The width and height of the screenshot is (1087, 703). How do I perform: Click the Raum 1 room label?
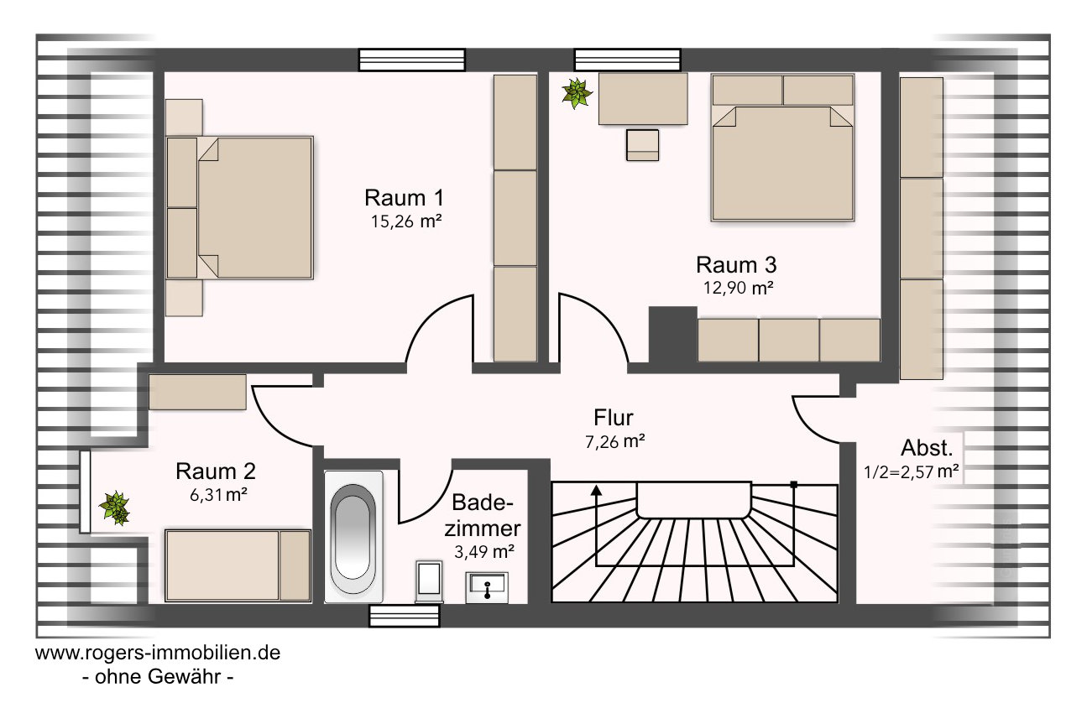point(404,198)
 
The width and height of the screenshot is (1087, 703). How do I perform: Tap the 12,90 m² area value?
point(738,288)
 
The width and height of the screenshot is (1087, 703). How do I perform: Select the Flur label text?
point(614,418)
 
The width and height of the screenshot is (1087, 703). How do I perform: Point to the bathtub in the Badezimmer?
point(353,537)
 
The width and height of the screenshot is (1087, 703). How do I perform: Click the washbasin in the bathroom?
point(487,587)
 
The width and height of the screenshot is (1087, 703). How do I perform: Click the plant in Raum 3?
point(577,93)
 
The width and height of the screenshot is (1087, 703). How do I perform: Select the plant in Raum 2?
point(114,508)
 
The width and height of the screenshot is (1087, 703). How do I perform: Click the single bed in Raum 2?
point(238,565)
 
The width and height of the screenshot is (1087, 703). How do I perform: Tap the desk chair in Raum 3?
point(642,145)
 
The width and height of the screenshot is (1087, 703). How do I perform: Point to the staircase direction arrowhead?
point(597,490)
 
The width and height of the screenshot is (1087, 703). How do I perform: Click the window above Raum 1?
point(412,60)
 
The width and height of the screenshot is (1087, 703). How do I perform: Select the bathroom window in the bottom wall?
point(405,616)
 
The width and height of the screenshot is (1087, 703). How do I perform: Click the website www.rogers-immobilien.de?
point(158,653)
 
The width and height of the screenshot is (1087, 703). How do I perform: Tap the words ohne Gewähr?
point(158,677)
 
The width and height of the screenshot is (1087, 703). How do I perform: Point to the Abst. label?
point(927,448)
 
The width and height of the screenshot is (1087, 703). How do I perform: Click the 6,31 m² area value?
point(218,494)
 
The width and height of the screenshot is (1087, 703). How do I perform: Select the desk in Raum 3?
point(643,99)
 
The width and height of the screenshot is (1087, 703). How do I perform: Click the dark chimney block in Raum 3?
point(673,335)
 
